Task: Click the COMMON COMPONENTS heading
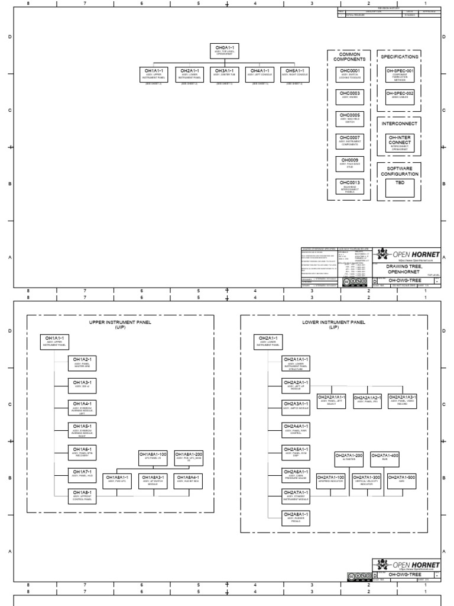pos(349,57)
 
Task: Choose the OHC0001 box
pos(349,74)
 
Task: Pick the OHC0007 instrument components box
pos(349,141)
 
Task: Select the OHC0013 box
pos(349,186)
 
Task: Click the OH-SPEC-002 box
pos(400,96)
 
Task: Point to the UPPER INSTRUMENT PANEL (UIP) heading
pos(120,325)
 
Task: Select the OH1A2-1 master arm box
pos(83,362)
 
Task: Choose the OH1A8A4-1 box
pos(189,479)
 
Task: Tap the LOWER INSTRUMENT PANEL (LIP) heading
pos(334,325)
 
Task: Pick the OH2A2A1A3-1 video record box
pos(403,399)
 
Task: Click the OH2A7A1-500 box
pos(402,479)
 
